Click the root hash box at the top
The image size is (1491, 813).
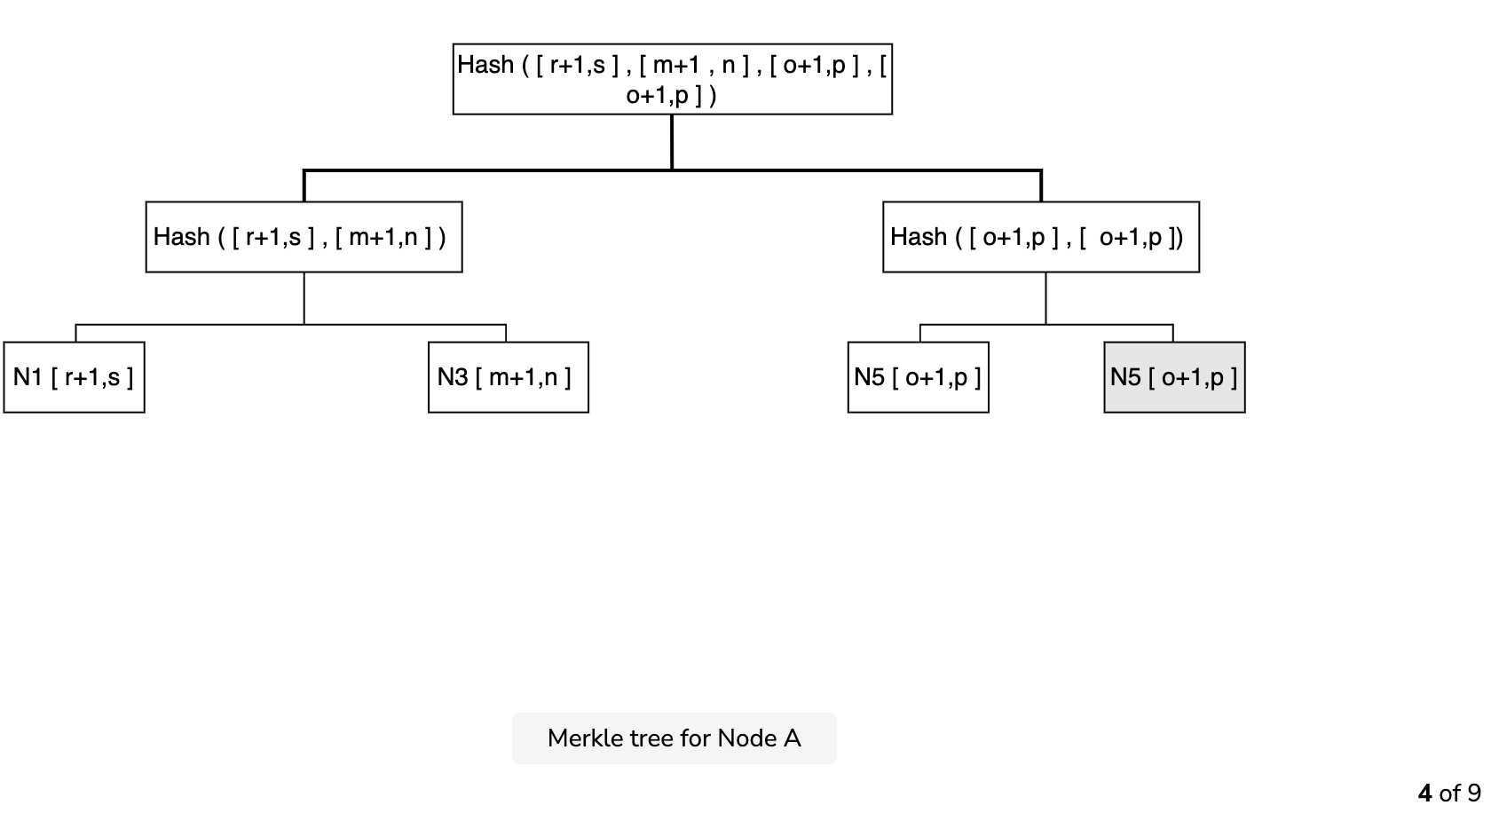(x=673, y=79)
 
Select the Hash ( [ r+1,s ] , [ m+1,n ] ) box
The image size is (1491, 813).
(x=304, y=237)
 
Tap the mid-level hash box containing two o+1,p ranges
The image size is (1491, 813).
(x=1041, y=237)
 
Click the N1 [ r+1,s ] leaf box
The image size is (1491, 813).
(x=74, y=377)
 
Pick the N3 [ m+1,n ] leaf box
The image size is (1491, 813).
(x=509, y=377)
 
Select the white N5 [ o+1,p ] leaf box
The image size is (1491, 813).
(x=919, y=377)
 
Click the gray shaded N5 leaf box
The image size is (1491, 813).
(x=1175, y=377)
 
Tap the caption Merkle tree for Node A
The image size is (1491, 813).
(x=674, y=738)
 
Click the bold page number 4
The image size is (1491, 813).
(x=1424, y=793)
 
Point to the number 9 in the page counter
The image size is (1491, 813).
(x=1473, y=793)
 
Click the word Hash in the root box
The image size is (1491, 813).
(x=486, y=65)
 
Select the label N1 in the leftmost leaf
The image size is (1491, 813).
(x=28, y=377)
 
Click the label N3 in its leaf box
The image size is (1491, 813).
(x=453, y=377)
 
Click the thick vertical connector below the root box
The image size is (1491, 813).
(x=673, y=143)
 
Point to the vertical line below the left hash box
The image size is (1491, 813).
(x=304, y=298)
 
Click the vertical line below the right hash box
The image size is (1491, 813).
(x=1045, y=298)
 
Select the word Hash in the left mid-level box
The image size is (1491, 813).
(x=182, y=236)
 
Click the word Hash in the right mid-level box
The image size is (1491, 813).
(x=919, y=236)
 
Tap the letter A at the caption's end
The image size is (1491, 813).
(x=793, y=738)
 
